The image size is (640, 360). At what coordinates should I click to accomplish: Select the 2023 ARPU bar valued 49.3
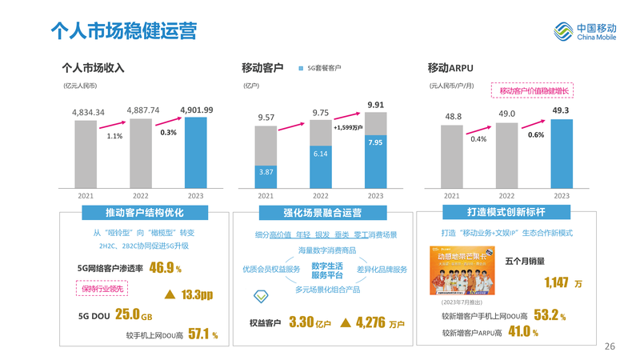(x=560, y=153)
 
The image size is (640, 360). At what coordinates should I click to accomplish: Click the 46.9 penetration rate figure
(x=162, y=267)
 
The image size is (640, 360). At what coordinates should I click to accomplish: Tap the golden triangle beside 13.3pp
(x=169, y=294)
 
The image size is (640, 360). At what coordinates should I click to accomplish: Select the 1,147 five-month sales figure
(x=557, y=282)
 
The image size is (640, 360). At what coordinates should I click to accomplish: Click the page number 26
(x=610, y=346)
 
